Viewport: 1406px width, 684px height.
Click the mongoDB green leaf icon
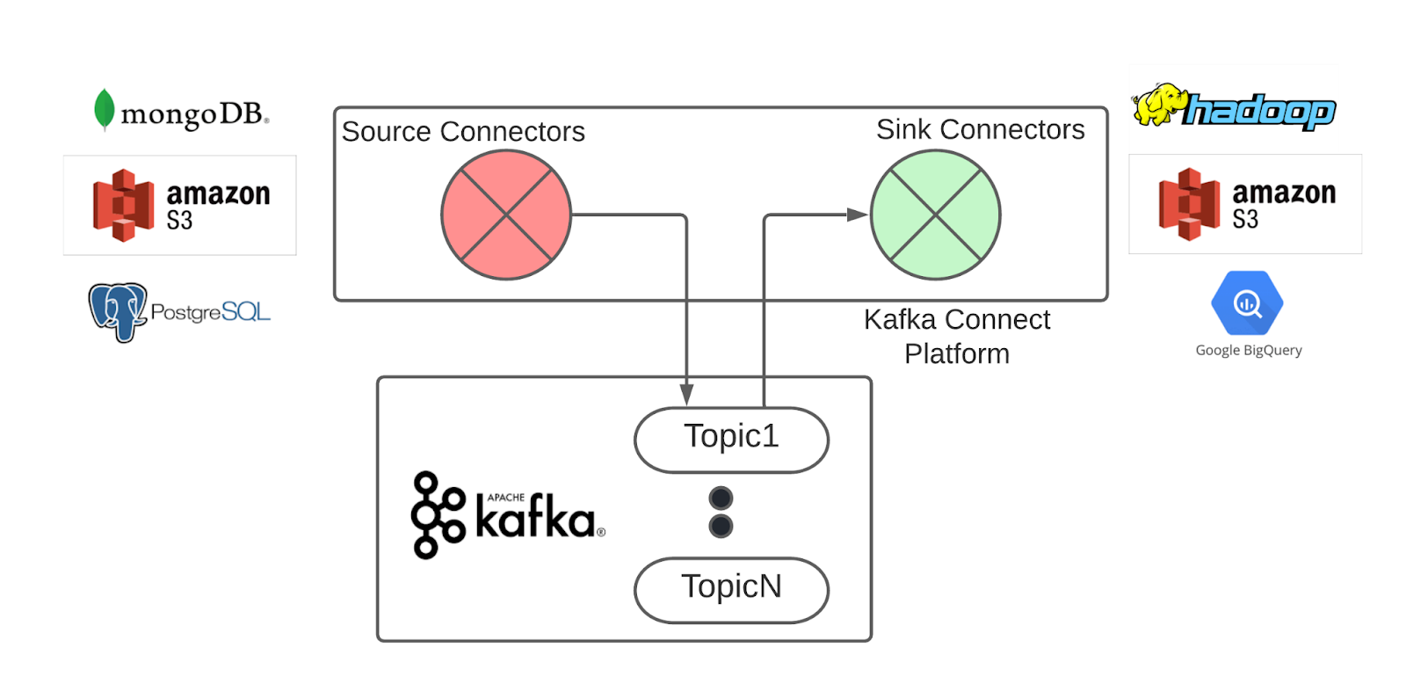[104, 110]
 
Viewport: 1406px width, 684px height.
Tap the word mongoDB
[193, 113]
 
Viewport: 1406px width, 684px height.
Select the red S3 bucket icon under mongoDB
[124, 206]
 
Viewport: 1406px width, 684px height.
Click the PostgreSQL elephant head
[117, 310]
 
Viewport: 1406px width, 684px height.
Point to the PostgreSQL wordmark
[210, 312]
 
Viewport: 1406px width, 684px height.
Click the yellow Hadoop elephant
[1157, 105]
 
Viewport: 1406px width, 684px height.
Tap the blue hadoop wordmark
[1260, 112]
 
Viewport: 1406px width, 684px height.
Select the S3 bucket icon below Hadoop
[1189, 204]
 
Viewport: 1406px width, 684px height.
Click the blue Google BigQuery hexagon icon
[1247, 303]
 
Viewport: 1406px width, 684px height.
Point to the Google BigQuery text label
[1248, 350]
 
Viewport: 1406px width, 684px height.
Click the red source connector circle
[506, 215]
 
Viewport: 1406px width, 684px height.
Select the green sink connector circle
[935, 215]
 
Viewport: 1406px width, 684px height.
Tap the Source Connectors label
[463, 132]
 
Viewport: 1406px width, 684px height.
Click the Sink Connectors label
[980, 130]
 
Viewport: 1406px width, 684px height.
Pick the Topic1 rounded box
[731, 439]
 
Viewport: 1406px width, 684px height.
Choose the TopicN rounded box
[731, 589]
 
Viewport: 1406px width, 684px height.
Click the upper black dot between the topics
[721, 498]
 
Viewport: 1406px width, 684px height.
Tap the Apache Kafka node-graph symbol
[437, 514]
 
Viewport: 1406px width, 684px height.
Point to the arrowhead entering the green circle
[857, 215]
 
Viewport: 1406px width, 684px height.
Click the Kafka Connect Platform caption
[956, 336]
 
